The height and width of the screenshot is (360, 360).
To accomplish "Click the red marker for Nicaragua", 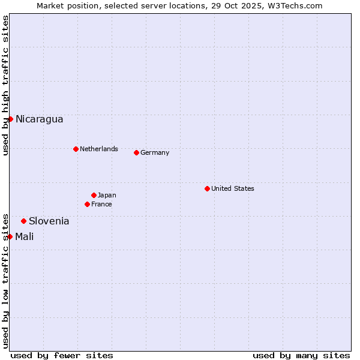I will coord(10,119).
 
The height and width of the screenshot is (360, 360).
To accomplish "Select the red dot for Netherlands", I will coord(76,149).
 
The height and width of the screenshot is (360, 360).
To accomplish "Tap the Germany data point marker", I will coord(136,152).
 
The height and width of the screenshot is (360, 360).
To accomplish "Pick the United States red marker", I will coord(207,188).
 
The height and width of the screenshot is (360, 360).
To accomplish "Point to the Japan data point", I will coord(94,195).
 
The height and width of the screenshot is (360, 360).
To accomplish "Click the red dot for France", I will coord(87,204).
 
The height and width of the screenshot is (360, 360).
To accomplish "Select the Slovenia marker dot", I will coord(23,221).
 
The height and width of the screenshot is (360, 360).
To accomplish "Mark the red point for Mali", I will coord(10,236).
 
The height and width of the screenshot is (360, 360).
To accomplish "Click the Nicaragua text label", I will coord(39,119).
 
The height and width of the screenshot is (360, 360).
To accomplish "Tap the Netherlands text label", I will coord(98,149).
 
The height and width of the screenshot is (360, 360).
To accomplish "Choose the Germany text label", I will coord(155,152).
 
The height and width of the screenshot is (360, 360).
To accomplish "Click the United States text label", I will coord(232,188).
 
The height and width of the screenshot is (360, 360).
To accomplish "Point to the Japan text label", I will coord(107,195).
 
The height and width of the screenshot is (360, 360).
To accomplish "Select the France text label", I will coord(101,204).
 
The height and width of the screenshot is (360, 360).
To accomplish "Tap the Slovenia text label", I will coord(49,221).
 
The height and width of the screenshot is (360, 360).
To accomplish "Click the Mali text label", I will coord(24,236).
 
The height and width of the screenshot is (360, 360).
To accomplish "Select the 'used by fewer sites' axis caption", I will coord(62,355).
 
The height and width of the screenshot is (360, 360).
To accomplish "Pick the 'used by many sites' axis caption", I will coord(301,355).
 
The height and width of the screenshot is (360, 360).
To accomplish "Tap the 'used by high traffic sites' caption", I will coord(5,85).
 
